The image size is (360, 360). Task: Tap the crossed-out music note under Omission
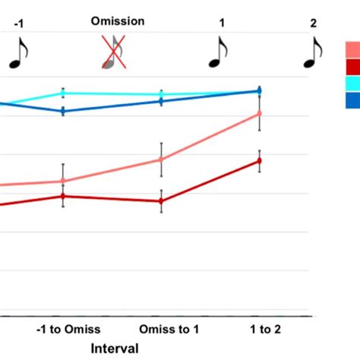112,54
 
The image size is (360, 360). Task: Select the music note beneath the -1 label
18,53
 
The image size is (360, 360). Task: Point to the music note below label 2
312,53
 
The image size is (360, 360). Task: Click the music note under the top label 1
219,53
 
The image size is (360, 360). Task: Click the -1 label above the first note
17,24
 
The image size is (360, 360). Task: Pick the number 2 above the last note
313,24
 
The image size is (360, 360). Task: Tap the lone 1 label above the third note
222,24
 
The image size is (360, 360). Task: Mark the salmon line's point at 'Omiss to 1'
161,159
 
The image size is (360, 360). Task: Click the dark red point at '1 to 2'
260,160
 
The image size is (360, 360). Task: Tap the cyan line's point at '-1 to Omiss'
63,94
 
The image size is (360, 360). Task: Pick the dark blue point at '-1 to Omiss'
63,111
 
